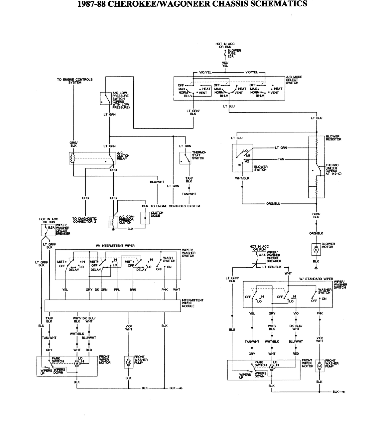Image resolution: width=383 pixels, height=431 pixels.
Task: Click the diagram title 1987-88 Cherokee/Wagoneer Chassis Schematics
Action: point(192,4)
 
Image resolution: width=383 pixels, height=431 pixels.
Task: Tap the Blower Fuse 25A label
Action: point(234,53)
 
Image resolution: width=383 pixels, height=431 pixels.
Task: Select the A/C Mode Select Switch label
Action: point(294,80)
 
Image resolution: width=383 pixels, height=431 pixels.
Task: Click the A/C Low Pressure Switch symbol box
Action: point(106,98)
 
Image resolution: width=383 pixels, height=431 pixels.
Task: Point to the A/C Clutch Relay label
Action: point(123,156)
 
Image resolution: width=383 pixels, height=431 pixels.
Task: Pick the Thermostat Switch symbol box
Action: point(185,158)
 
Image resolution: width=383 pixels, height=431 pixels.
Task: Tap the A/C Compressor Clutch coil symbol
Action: point(113,221)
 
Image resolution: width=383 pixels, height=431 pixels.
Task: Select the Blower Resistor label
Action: point(333,138)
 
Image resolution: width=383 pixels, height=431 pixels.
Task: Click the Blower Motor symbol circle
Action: point(316,249)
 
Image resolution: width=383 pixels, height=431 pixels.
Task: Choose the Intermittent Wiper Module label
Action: point(192,303)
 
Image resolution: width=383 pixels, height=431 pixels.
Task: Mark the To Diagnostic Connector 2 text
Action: point(85,220)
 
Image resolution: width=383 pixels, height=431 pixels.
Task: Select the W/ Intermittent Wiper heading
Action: point(115,246)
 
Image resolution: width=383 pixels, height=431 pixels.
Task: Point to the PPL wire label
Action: point(117,290)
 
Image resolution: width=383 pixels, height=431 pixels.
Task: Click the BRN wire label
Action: point(133,290)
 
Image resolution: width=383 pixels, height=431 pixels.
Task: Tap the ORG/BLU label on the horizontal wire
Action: point(273,204)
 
